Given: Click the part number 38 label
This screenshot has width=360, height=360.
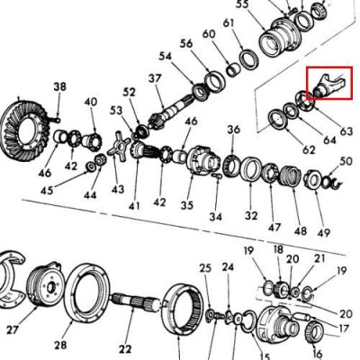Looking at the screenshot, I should [59, 87].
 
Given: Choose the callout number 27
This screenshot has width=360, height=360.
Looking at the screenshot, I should [12, 330].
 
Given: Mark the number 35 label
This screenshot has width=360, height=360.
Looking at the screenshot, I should [186, 204].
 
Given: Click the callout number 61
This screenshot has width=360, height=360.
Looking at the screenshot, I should [229, 22].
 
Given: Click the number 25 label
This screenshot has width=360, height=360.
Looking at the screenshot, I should [205, 268].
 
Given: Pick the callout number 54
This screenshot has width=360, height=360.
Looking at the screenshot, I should [165, 57].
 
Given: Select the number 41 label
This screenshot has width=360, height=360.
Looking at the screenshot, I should [134, 206].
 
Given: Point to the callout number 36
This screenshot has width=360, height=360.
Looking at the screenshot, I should [234, 130].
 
